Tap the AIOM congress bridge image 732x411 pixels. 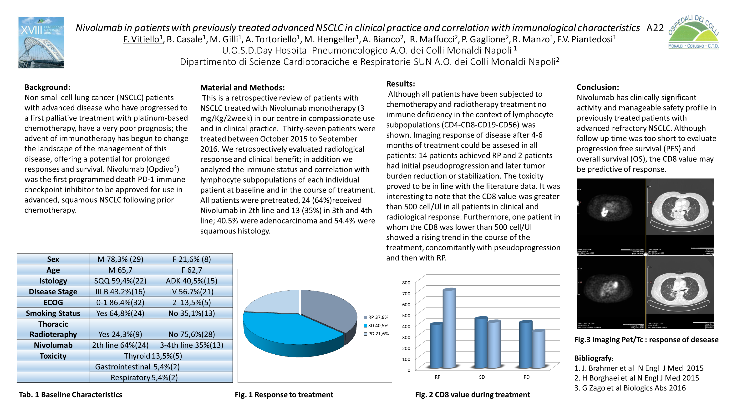[41, 43]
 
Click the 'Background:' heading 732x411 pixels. [47, 87]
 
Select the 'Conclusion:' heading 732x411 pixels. [598, 87]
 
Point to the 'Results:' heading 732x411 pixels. [400, 84]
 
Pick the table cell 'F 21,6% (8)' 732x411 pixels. [192, 259]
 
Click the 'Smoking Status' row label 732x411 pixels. [53, 313]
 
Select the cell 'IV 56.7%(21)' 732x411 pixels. [192, 292]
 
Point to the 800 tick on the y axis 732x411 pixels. [406, 283]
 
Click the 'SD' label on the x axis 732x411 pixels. [482, 377]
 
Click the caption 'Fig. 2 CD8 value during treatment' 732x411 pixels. [472, 395]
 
